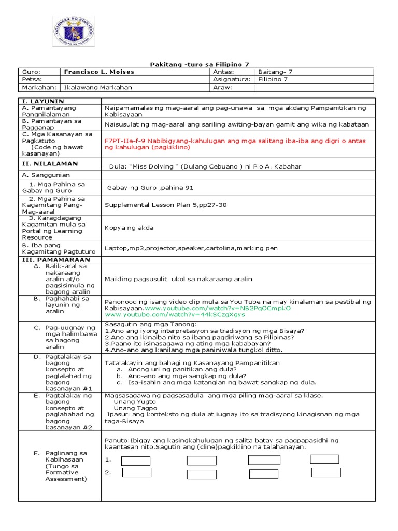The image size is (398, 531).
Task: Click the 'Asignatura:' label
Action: pyautogui.click(x=232, y=80)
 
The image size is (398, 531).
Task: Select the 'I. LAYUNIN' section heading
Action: pyautogui.click(x=42, y=101)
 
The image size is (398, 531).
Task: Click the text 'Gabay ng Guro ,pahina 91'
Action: pyautogui.click(x=150, y=188)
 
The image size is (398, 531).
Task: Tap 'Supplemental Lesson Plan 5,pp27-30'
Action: pyautogui.click(x=165, y=205)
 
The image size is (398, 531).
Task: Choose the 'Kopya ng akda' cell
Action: pyautogui.click(x=129, y=228)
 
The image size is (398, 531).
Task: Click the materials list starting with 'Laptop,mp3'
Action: pyautogui.click(x=191, y=248)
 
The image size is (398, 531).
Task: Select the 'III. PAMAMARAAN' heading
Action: pyautogui.click(x=55, y=259)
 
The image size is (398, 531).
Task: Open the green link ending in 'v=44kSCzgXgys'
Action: pyautogui.click(x=175, y=314)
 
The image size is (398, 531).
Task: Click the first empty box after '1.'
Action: pyautogui.click(x=135, y=461)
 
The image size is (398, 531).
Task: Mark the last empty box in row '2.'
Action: pyautogui.click(x=326, y=472)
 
